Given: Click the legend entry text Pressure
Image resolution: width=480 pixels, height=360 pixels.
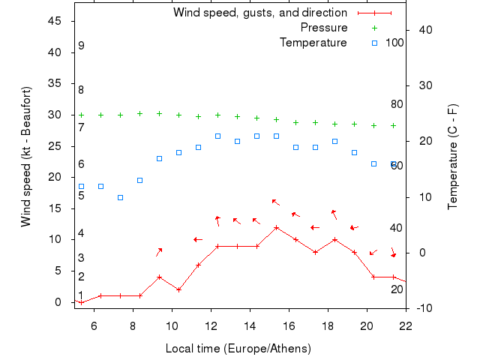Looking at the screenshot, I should coord(324,28).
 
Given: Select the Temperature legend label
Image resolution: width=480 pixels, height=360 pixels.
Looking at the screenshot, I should coord(313,43).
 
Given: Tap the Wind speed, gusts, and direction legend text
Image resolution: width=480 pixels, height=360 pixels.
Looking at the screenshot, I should coord(260,13).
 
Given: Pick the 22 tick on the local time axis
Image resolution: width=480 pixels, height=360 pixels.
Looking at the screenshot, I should coord(406,325).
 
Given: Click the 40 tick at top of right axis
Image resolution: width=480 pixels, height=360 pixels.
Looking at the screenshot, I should coord(424,30).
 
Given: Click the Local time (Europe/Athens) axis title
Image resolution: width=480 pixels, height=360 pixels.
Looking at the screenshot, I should coord(238,349).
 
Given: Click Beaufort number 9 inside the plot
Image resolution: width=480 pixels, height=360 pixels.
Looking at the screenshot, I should coord(81,46).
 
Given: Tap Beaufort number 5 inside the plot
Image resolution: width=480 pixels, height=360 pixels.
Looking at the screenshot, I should coord(81,196).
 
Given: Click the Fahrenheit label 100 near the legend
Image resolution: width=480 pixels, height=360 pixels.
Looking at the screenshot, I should coord(394,43).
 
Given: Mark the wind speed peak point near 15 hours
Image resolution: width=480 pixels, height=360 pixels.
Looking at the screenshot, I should coord(277,227).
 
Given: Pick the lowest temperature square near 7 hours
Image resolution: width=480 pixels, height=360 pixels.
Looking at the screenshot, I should coord(120,197).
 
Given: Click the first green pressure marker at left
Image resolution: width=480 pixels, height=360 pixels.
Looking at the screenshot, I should coord(81,115).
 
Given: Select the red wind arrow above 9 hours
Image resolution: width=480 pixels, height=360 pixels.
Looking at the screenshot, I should coord(159,252).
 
